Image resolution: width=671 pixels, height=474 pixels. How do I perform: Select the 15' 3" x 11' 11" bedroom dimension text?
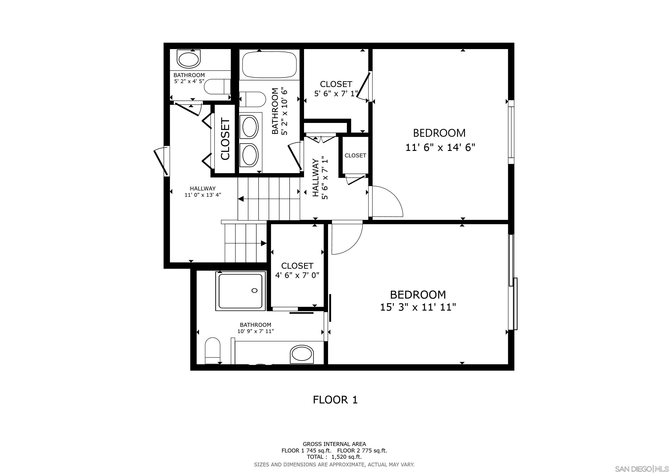click(418, 307)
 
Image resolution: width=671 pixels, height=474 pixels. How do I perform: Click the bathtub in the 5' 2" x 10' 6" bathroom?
click(269, 65)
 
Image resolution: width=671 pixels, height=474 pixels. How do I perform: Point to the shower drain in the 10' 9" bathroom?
click(254, 290)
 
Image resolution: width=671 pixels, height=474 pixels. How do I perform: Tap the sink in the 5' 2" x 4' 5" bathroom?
click(189, 59)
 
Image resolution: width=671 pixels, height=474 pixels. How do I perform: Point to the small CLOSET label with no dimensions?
click(355, 156)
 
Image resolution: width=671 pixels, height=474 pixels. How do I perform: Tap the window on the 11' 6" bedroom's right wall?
click(511, 132)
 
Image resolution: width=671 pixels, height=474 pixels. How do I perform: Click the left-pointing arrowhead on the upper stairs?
click(241, 199)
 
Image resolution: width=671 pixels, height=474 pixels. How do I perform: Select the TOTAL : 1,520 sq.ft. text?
click(334, 457)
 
